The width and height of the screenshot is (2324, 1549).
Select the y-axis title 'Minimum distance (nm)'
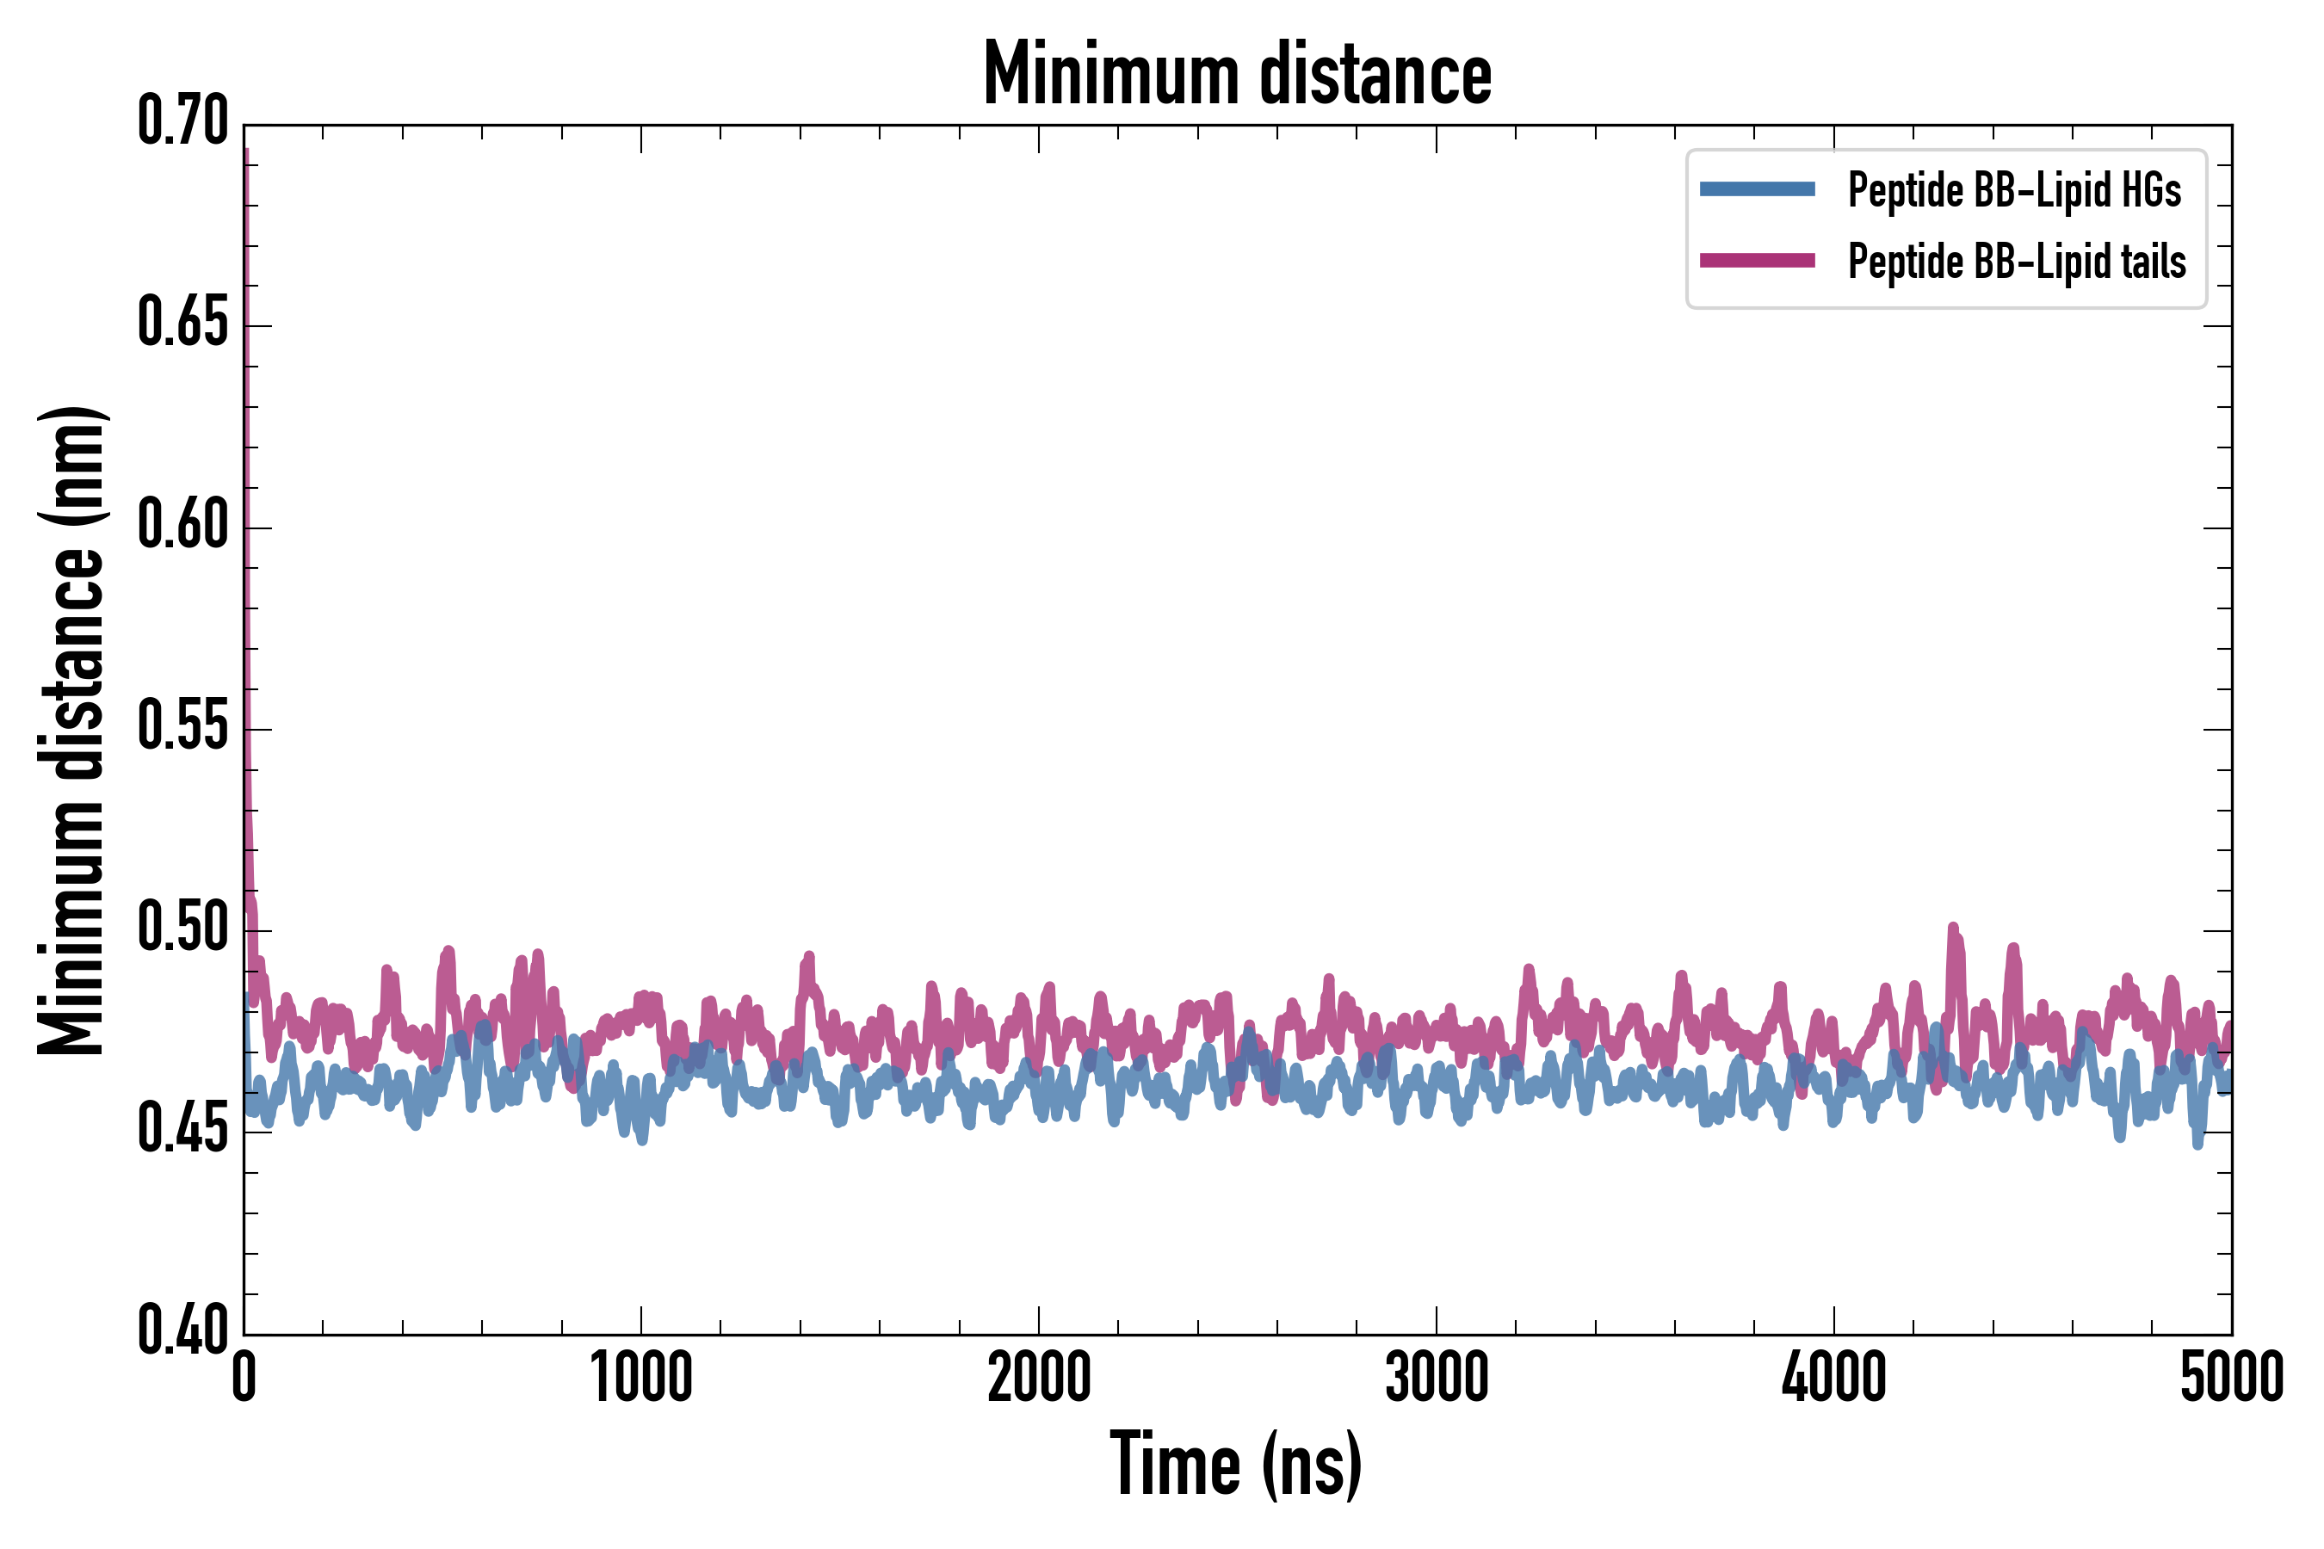(71, 730)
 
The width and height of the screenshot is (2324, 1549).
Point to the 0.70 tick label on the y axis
(182, 121)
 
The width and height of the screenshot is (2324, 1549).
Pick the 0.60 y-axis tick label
(182, 525)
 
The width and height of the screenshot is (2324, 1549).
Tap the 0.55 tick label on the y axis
(182, 727)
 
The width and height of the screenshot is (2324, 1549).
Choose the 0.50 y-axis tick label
(182, 929)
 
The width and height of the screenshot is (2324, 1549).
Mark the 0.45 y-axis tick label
(182, 1130)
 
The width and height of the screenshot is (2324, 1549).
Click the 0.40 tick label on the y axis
(182, 1331)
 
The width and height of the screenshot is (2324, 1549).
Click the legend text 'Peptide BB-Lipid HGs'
(2014, 189)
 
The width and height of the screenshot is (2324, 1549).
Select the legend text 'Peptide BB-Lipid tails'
(2017, 262)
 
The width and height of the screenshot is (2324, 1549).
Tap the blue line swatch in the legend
(1757, 189)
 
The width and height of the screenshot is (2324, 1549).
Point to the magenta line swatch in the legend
(1757, 261)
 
